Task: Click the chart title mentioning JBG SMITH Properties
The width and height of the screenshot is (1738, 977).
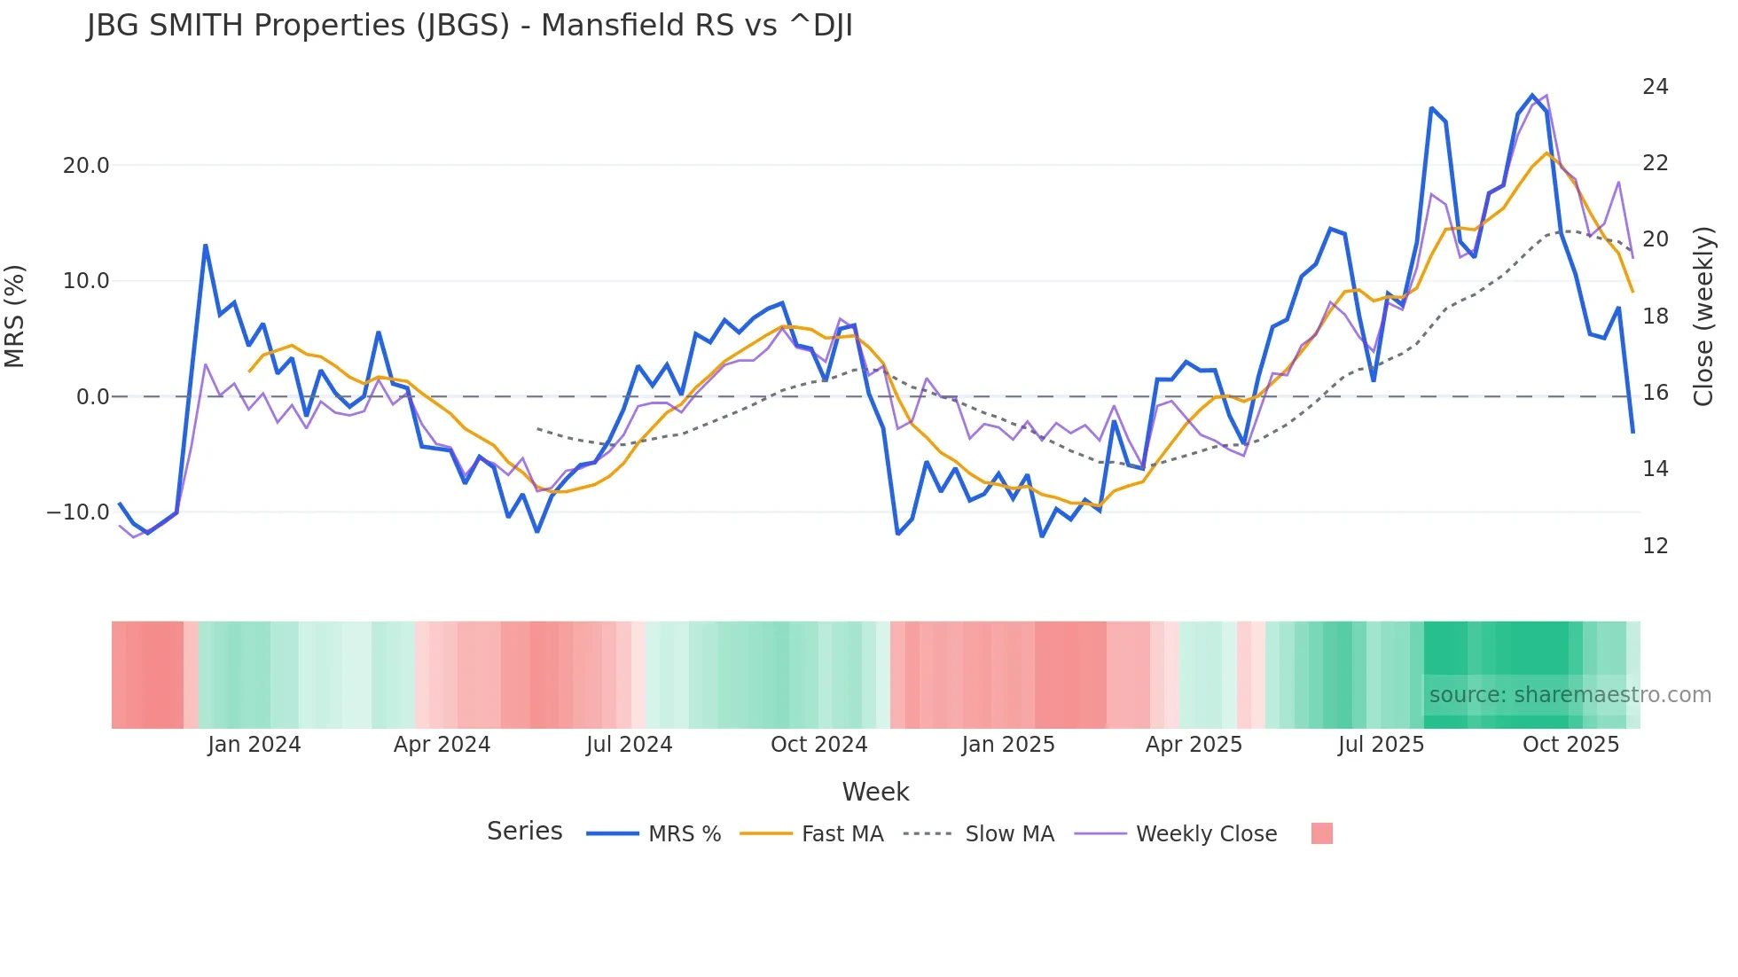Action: [x=470, y=26]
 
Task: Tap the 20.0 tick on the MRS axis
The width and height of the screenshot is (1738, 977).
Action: [x=86, y=166]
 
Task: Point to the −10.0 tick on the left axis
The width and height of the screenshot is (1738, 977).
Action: [x=78, y=512]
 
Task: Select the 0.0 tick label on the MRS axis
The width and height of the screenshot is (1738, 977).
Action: [x=92, y=397]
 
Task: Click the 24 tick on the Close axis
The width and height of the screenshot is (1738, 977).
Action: [x=1655, y=87]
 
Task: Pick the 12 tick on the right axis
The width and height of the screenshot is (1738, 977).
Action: [x=1655, y=546]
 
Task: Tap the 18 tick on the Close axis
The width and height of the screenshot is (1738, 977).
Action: [x=1655, y=317]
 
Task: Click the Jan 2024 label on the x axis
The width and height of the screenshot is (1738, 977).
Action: [x=254, y=745]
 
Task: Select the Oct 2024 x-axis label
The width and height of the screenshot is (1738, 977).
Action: [x=818, y=745]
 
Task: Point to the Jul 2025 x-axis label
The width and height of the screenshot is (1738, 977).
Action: [x=1381, y=745]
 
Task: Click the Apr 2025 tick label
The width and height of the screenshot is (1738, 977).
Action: [x=1194, y=745]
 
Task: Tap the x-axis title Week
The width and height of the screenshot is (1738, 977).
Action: [x=875, y=792]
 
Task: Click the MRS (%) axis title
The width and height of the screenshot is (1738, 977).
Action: [x=15, y=317]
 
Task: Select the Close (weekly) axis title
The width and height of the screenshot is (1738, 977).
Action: [x=1703, y=317]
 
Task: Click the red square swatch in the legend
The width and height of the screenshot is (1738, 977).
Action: [x=1321, y=833]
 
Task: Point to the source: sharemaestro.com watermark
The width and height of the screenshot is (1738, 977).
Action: [x=1570, y=695]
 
